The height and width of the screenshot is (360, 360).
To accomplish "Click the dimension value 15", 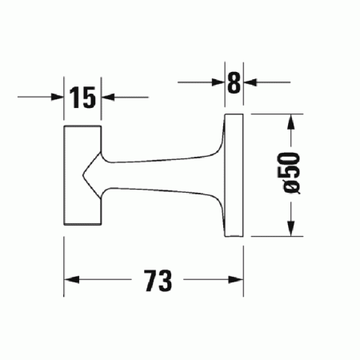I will tap(82, 98).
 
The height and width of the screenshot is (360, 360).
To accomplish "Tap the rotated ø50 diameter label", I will tap(291, 172).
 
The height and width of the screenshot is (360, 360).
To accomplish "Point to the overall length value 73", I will tap(157, 280).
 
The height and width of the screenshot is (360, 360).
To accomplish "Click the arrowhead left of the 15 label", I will tap(58, 98).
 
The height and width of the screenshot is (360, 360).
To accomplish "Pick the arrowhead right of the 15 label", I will tap(108, 98).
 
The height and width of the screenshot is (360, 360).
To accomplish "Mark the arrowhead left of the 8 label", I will tap(218, 82).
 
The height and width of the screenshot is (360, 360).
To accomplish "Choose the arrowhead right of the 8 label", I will tap(250, 82).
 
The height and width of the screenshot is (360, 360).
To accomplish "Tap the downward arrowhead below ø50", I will tap(292, 229).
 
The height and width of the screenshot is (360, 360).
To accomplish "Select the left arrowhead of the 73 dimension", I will tap(70, 280).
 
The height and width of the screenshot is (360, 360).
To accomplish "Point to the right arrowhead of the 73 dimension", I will tap(238, 280).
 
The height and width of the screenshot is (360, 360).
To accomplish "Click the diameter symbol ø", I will tap(291, 189).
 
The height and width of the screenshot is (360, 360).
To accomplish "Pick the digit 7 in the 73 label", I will tap(150, 280).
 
